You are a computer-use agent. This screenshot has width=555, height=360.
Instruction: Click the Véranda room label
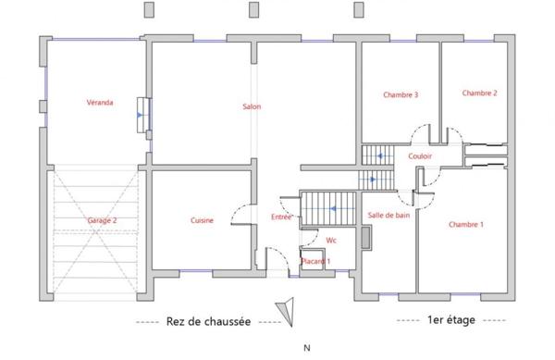click(x=100, y=103)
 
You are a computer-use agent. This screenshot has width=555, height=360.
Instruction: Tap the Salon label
click(x=252, y=107)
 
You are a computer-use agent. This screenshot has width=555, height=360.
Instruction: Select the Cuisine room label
click(x=203, y=220)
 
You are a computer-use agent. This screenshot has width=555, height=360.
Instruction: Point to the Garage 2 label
click(x=102, y=220)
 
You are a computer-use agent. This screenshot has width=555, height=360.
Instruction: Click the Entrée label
click(x=281, y=217)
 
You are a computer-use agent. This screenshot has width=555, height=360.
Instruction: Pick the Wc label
click(x=330, y=240)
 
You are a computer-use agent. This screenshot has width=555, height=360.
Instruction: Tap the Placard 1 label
click(x=316, y=262)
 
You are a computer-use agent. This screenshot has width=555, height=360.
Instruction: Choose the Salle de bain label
click(x=388, y=215)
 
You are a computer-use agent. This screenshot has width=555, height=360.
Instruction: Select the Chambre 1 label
click(x=465, y=225)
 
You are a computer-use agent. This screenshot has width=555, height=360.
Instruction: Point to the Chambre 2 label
click(x=480, y=93)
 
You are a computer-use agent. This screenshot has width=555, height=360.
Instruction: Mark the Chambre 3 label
click(x=401, y=95)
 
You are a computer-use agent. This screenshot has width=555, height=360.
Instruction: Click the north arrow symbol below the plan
click(x=288, y=310)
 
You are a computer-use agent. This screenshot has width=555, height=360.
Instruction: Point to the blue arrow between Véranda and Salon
click(x=139, y=116)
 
